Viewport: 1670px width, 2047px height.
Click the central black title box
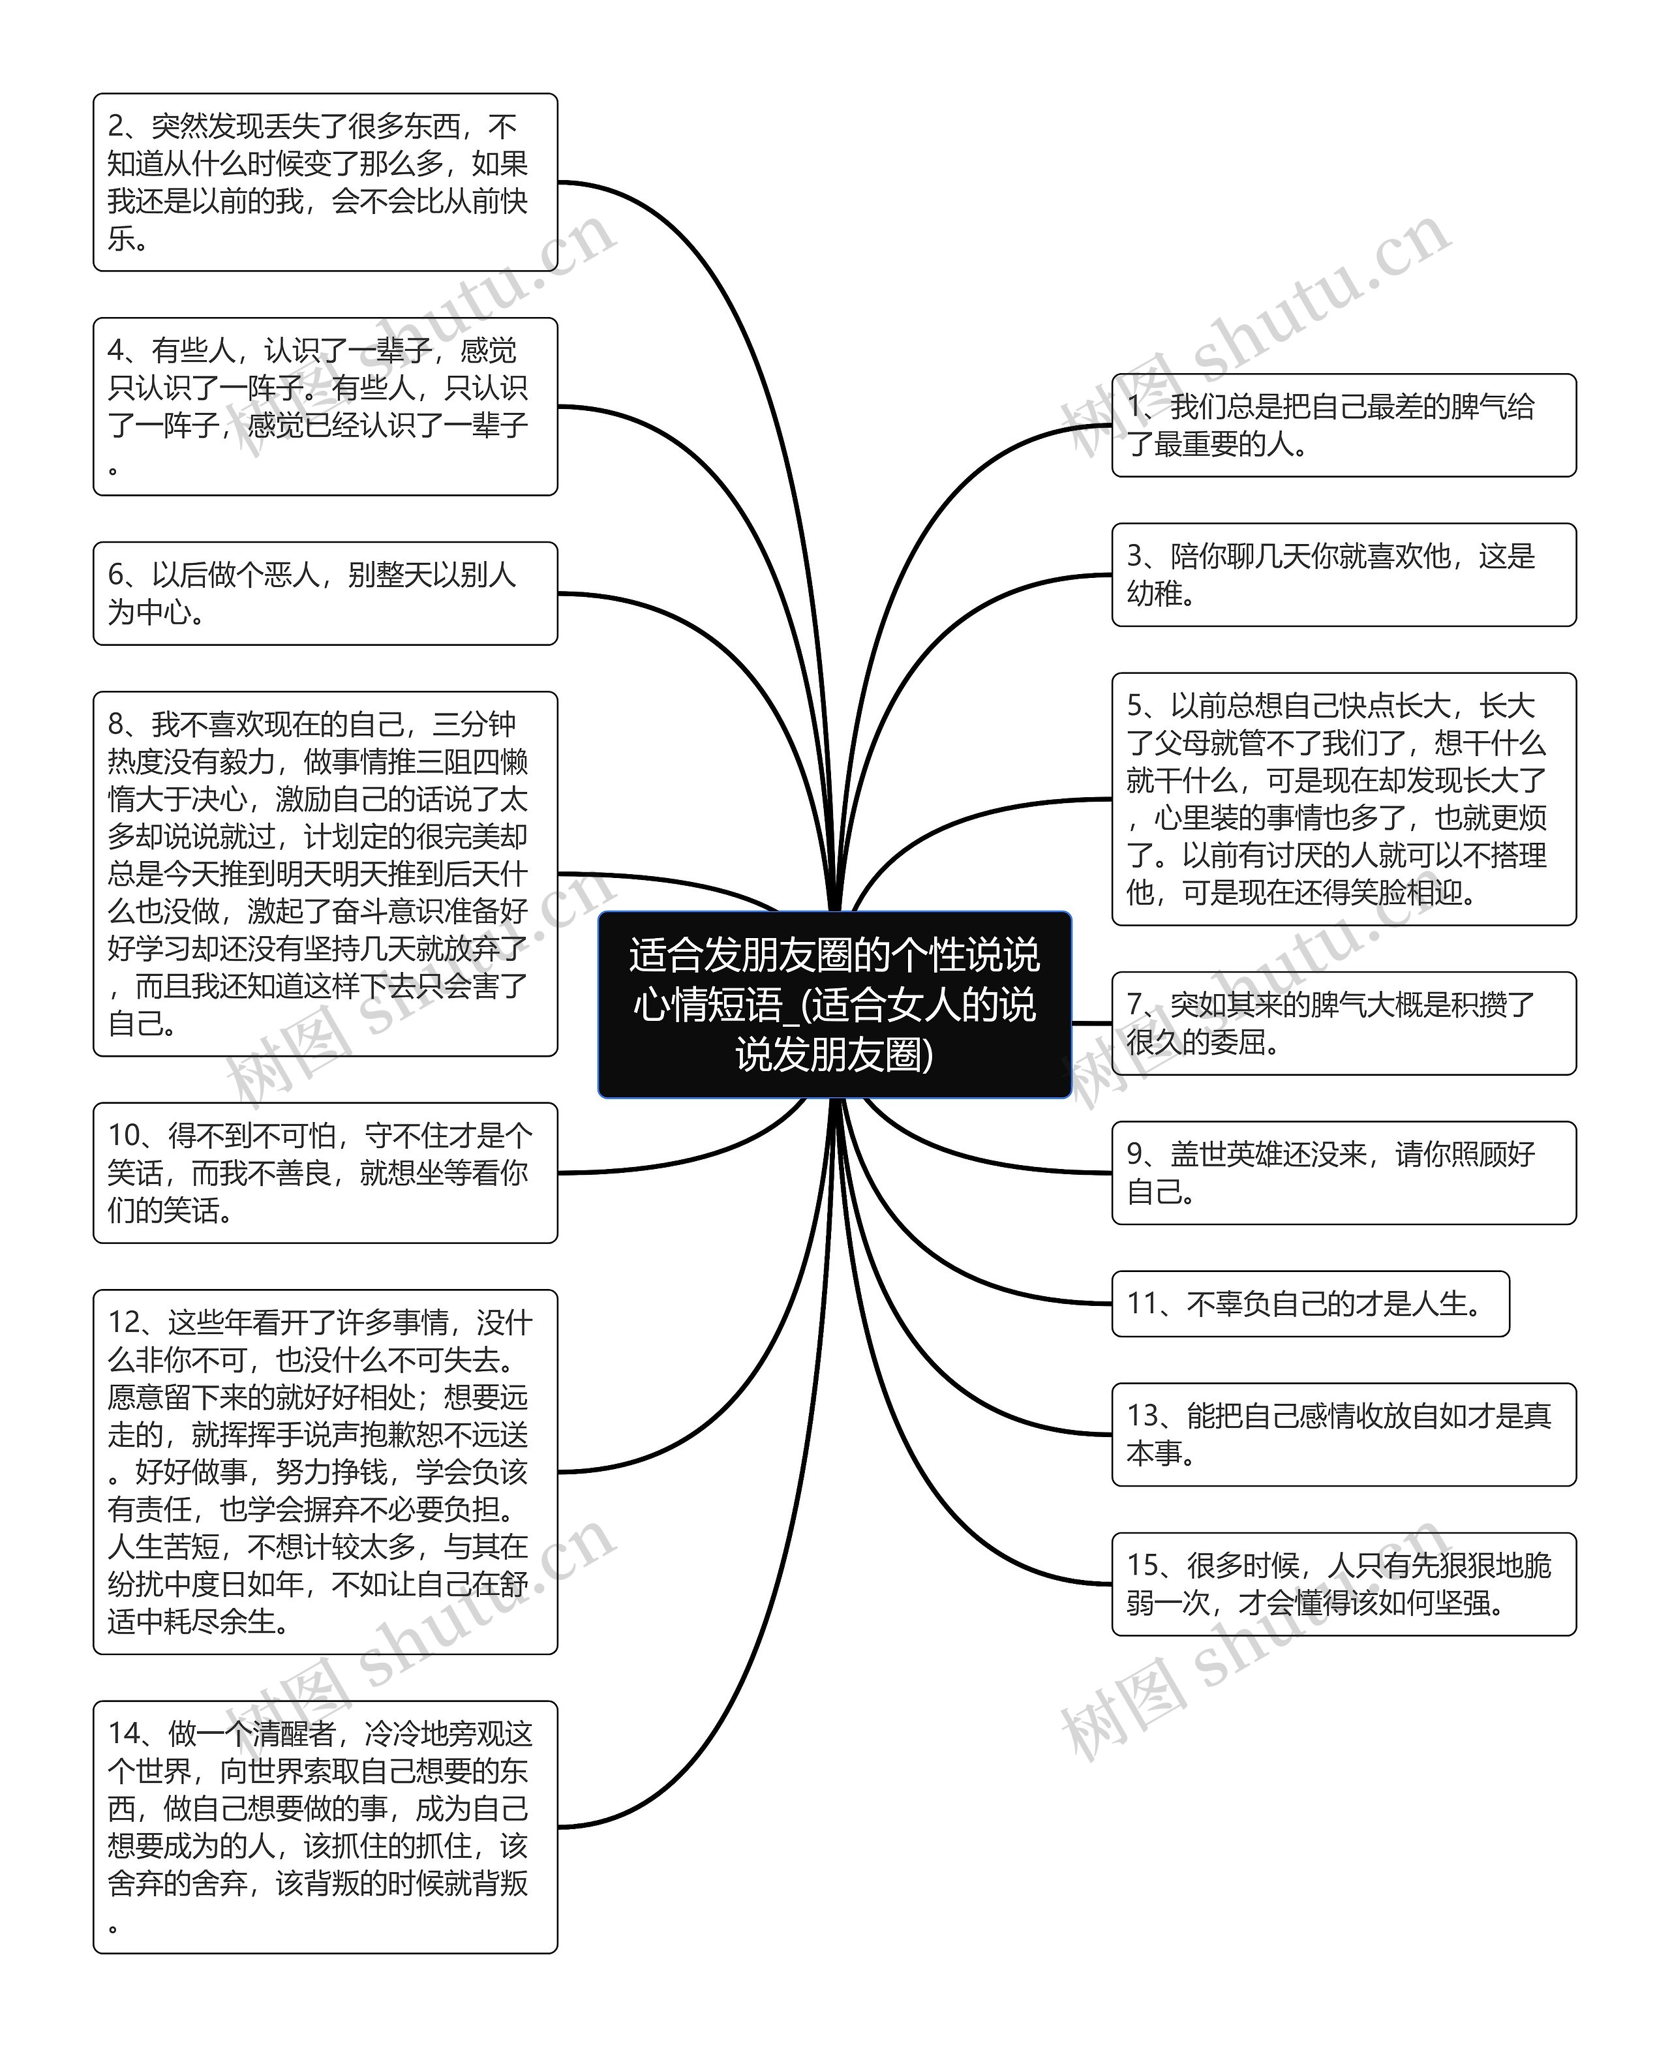[834, 1005]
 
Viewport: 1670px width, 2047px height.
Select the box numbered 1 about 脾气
[1343, 425]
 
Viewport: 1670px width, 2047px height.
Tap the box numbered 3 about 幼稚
[1343, 574]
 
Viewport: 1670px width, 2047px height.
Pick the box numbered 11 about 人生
[1309, 1303]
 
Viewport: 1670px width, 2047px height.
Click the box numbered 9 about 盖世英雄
[1343, 1173]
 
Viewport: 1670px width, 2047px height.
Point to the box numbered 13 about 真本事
[1343, 1434]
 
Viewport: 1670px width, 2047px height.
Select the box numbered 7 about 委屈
[1343, 1023]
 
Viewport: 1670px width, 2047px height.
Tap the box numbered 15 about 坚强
[1343, 1583]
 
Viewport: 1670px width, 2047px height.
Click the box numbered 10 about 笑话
[325, 1173]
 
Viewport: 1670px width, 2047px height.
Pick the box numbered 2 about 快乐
[325, 182]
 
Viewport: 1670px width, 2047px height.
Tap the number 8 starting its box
[116, 724]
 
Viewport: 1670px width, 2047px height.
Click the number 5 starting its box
[1135, 706]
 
